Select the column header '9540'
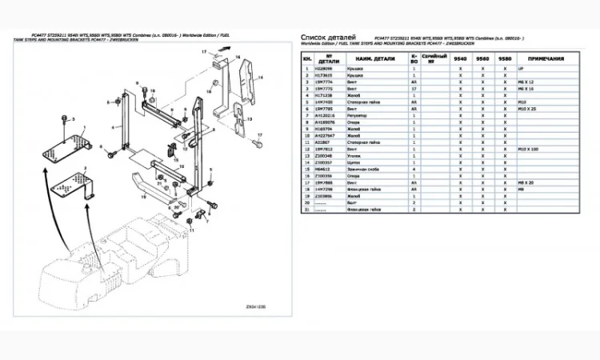coord(461,59)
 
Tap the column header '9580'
coord(505,59)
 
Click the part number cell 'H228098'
coord(328,69)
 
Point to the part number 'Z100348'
coord(328,155)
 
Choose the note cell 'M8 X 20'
coord(527,182)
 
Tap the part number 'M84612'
coord(327,169)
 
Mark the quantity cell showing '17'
coord(413,89)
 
